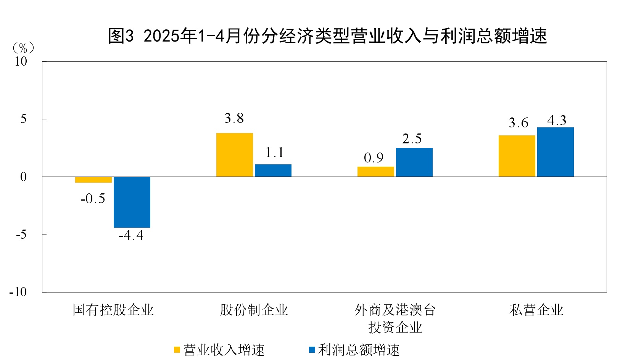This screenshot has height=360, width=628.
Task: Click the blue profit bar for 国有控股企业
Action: click(x=132, y=202)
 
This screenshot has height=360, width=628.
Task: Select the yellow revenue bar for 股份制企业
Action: click(x=234, y=154)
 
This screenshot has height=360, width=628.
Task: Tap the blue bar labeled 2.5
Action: click(x=414, y=162)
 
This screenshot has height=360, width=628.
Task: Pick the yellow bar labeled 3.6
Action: click(x=517, y=156)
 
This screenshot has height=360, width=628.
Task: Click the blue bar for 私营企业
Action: click(x=555, y=152)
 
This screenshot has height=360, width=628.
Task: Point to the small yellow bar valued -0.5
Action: click(x=93, y=180)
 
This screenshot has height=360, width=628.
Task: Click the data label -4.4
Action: click(x=131, y=235)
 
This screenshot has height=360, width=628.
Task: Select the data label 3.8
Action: click(x=234, y=118)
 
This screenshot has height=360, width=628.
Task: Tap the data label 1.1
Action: click(x=274, y=153)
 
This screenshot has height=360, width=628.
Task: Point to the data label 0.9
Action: click(x=374, y=158)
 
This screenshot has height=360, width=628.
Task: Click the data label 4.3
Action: click(x=557, y=121)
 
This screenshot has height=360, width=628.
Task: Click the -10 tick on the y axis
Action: click(x=18, y=292)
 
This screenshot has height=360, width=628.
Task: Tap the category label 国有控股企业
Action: click(x=113, y=310)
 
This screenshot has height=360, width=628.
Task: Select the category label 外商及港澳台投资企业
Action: click(x=395, y=318)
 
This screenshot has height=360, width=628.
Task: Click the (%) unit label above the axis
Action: click(x=23, y=48)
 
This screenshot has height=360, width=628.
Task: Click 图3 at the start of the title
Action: click(x=121, y=36)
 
